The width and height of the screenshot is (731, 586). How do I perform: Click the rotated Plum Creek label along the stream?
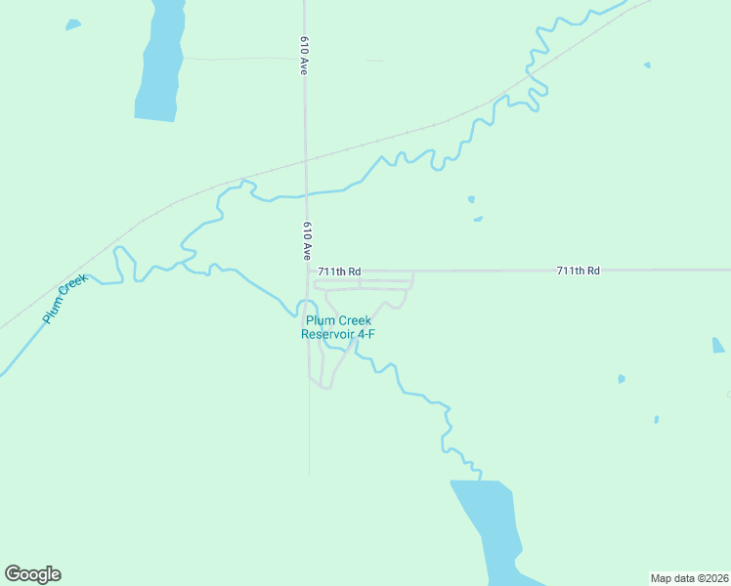click(65, 299)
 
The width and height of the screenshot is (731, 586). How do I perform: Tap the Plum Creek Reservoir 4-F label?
click(338, 327)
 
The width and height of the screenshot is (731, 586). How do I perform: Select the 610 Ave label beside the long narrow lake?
click(305, 57)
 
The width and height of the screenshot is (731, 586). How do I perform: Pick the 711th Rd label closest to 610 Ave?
click(340, 271)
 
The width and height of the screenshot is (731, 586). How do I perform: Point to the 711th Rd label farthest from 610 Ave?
click(578, 270)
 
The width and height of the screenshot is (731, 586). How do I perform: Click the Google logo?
click(32, 574)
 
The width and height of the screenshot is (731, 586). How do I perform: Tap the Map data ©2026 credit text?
click(689, 577)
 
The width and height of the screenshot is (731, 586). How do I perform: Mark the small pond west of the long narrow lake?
click(73, 22)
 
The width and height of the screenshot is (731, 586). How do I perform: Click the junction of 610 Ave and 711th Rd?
click(309, 271)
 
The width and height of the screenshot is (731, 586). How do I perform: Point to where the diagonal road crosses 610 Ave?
click(306, 159)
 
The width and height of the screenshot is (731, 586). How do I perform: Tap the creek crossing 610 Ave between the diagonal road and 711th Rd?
click(306, 193)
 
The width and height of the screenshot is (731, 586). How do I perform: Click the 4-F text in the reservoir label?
click(365, 334)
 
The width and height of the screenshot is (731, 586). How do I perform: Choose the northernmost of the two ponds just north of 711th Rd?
click(471, 199)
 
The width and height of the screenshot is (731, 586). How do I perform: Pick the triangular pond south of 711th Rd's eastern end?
click(718, 345)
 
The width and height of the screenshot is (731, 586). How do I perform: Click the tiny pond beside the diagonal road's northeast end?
click(647, 65)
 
